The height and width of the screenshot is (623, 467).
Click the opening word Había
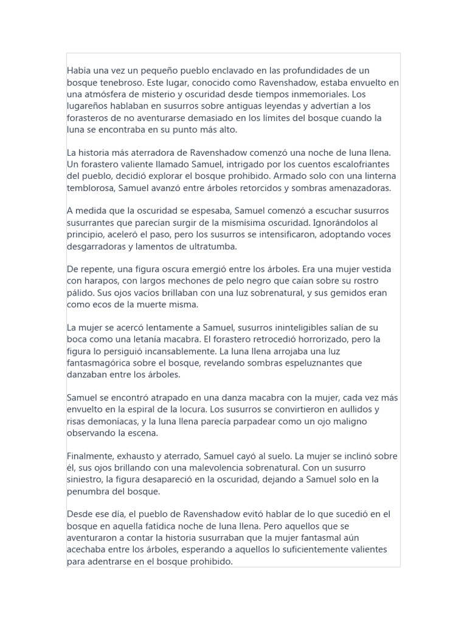tap(79, 71)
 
